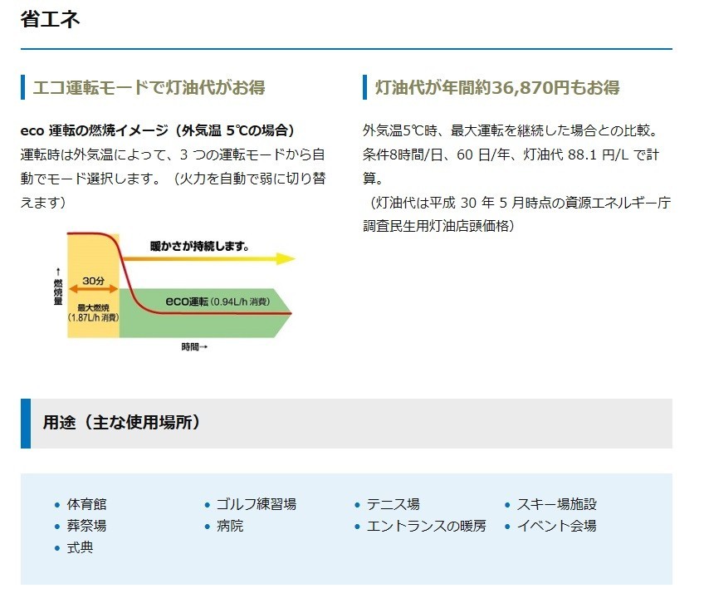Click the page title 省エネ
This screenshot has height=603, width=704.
[x=50, y=19]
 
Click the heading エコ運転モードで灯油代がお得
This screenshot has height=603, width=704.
[x=149, y=87]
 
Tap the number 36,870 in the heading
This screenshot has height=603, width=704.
[x=524, y=87]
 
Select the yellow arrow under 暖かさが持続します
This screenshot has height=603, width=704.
[x=208, y=258]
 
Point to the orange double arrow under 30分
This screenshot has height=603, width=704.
[x=93, y=289]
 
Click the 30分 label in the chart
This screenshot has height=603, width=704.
[x=93, y=281]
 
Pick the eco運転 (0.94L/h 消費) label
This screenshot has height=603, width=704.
[x=218, y=301]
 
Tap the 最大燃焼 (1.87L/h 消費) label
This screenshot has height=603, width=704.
[x=93, y=313]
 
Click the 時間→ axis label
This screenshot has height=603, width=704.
[x=194, y=347]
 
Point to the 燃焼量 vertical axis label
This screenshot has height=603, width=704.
[x=58, y=287]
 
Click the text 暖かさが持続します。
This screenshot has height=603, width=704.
[x=199, y=246]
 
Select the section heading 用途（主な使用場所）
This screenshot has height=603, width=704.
[x=121, y=423]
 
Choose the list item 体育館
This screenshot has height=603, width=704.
[x=86, y=504]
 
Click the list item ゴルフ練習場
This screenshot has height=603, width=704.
[x=257, y=504]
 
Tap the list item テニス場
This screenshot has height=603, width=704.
[x=394, y=504]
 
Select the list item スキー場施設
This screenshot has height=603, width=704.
[x=557, y=504]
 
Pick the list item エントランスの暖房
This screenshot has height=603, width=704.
[x=427, y=526]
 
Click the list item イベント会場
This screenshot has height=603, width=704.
[x=557, y=526]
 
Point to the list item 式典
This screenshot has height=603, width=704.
[x=80, y=547]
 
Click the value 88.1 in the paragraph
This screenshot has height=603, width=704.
[x=582, y=155]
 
